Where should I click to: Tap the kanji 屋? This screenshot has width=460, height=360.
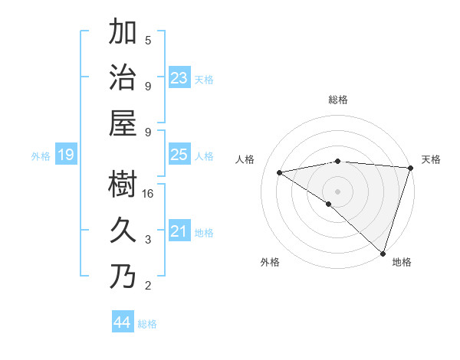click(123, 123)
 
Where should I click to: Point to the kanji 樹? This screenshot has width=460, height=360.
click(123, 183)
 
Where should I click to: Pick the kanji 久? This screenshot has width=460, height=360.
click(123, 229)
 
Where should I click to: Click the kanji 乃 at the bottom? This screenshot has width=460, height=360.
click(123, 275)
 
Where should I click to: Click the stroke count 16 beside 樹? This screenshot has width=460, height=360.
click(149, 194)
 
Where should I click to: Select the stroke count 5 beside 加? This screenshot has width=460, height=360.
click(148, 41)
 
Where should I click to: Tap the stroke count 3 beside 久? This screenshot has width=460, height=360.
click(148, 240)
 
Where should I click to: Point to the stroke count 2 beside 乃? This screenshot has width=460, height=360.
click(148, 286)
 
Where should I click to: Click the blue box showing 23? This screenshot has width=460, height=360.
click(179, 78)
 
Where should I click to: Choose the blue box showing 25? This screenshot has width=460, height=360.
click(179, 155)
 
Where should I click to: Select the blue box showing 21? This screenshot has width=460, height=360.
click(179, 231)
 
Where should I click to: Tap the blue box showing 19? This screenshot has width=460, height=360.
click(65, 155)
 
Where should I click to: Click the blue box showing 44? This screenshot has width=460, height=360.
click(122, 322)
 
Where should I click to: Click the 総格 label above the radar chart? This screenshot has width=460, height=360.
click(337, 100)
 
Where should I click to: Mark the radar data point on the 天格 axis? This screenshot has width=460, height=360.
click(410, 168)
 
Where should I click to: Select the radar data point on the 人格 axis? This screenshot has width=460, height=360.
click(280, 172)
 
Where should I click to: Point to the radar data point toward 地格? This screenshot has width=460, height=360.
click(383, 252)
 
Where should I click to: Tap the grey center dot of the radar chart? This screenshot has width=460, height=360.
click(337, 190)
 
